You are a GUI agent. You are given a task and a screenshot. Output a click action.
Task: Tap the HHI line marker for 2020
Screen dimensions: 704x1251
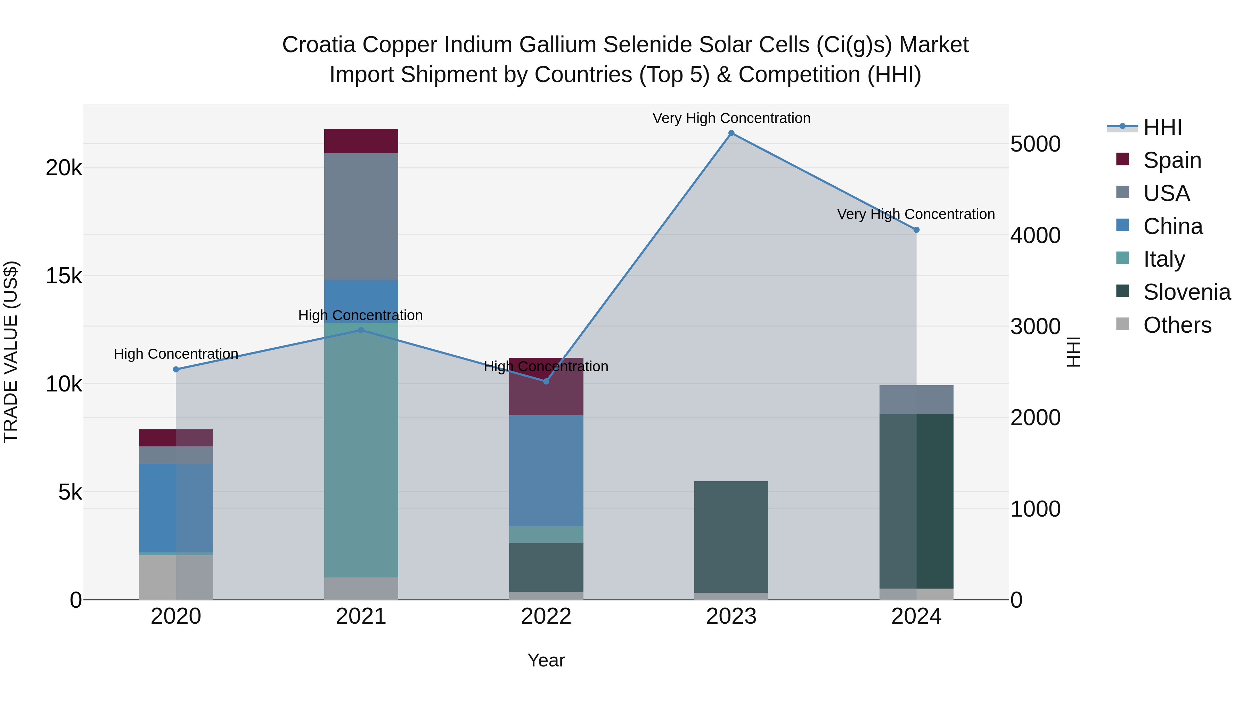[176, 369]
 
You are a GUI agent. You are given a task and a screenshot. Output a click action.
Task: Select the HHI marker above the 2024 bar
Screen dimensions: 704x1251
[916, 230]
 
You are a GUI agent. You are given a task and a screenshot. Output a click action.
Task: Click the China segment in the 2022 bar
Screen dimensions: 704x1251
[546, 470]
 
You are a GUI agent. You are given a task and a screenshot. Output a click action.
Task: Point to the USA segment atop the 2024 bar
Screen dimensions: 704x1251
[916, 399]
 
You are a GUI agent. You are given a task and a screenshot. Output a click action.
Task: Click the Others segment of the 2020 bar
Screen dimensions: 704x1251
[176, 577]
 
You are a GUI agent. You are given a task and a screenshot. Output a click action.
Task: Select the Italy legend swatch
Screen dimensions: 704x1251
[1122, 258]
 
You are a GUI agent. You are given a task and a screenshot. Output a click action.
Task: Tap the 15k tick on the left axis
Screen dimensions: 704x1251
[64, 276]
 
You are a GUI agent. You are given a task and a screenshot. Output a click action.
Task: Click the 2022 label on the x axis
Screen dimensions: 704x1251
[546, 616]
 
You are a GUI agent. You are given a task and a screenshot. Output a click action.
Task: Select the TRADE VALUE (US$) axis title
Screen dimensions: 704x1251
[11, 352]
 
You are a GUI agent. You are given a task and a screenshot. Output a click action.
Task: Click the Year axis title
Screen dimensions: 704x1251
[546, 660]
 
